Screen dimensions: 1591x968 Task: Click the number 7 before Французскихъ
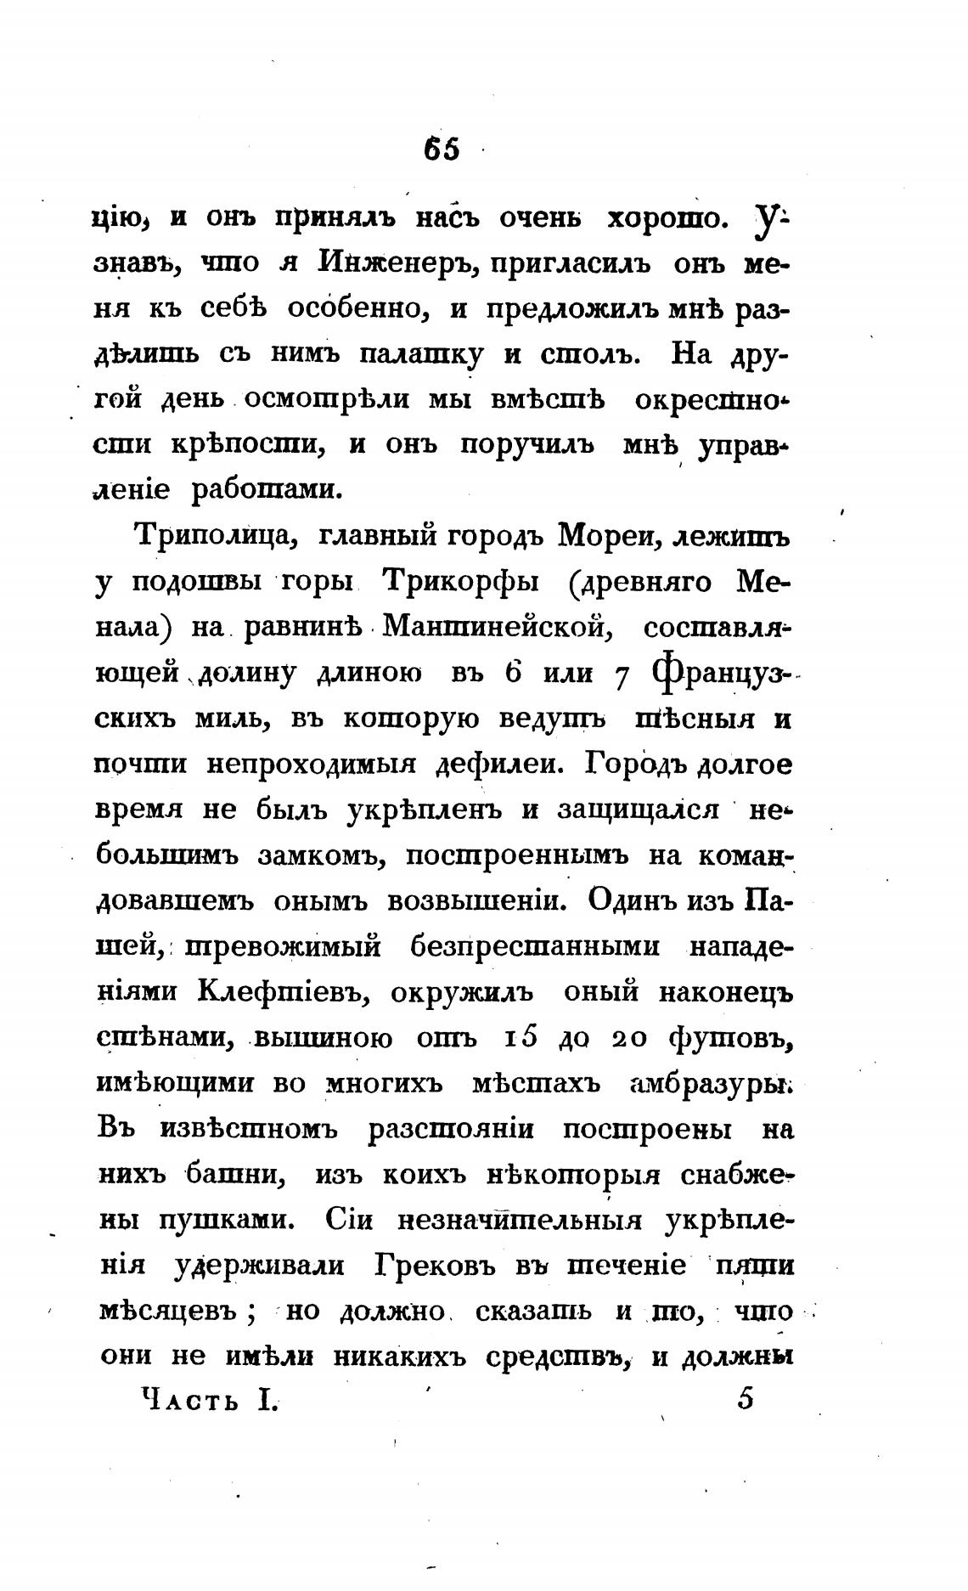click(x=621, y=675)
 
